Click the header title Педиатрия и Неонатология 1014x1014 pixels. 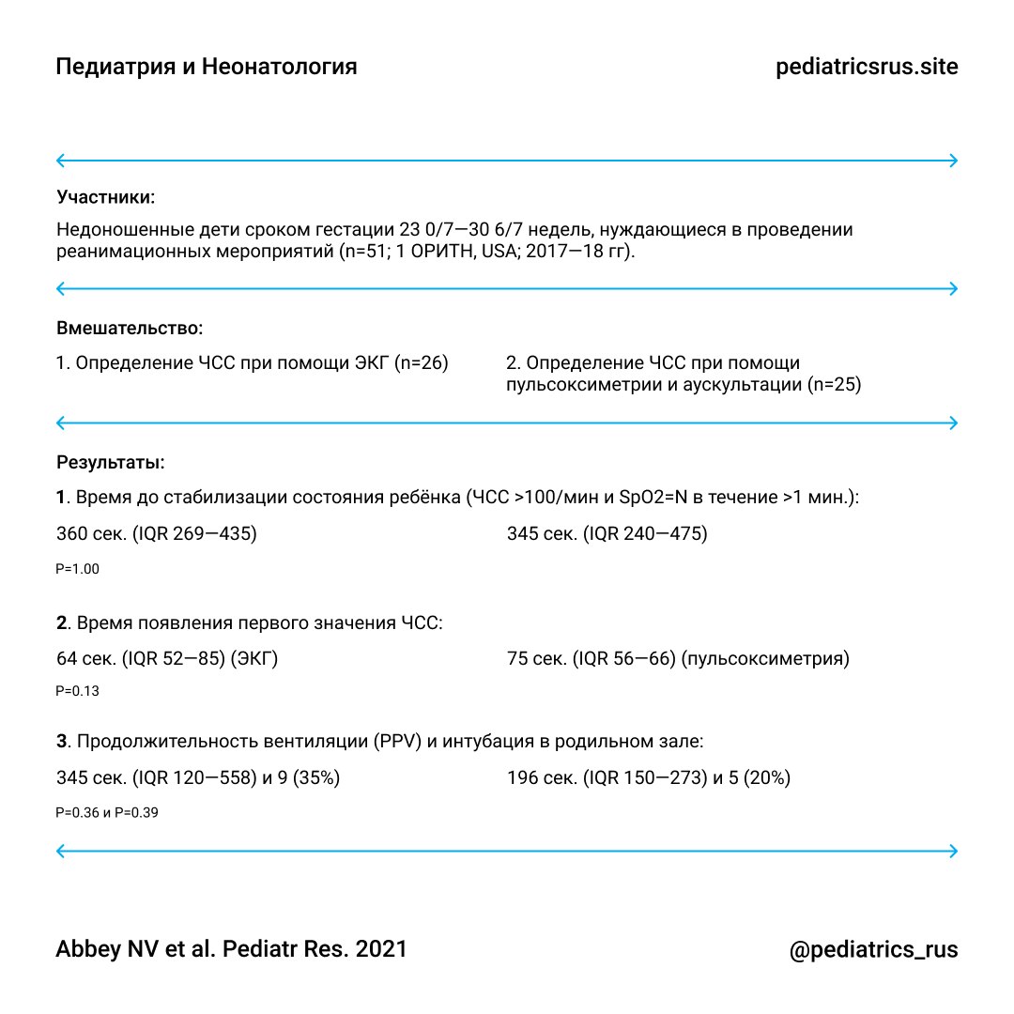click(207, 68)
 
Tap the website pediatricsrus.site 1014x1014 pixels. click(867, 68)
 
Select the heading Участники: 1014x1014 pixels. click(106, 198)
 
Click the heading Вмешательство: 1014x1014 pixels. click(130, 330)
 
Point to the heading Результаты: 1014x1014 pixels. click(111, 462)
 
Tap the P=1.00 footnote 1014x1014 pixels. click(78, 569)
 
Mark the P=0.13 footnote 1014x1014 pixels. click(78, 692)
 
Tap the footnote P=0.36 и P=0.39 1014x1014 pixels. click(107, 813)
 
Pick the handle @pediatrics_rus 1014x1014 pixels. click(873, 949)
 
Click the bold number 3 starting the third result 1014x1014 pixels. click(62, 742)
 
